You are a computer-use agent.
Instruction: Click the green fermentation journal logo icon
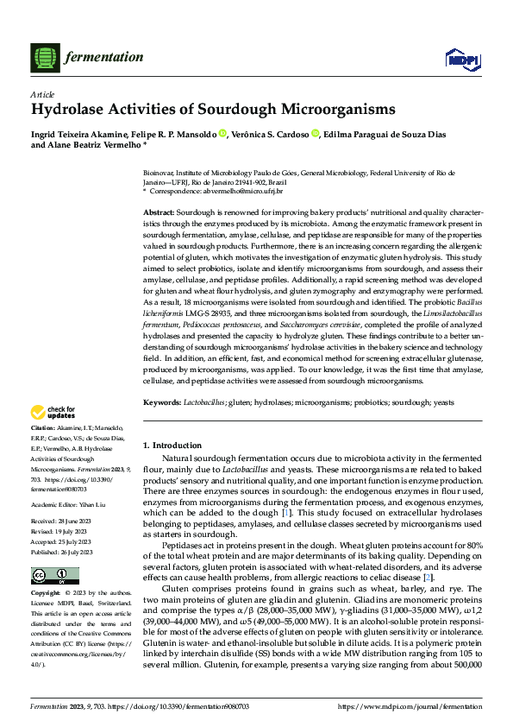point(46,57)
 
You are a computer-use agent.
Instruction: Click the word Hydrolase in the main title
point(72,110)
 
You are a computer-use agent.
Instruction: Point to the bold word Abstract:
point(160,212)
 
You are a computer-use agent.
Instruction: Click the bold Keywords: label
point(162,402)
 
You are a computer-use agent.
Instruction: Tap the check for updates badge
point(53,412)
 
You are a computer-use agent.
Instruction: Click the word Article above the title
point(42,93)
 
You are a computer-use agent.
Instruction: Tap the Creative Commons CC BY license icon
point(49,552)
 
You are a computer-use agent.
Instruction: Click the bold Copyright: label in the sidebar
point(46,570)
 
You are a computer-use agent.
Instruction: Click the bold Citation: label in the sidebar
point(43,428)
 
